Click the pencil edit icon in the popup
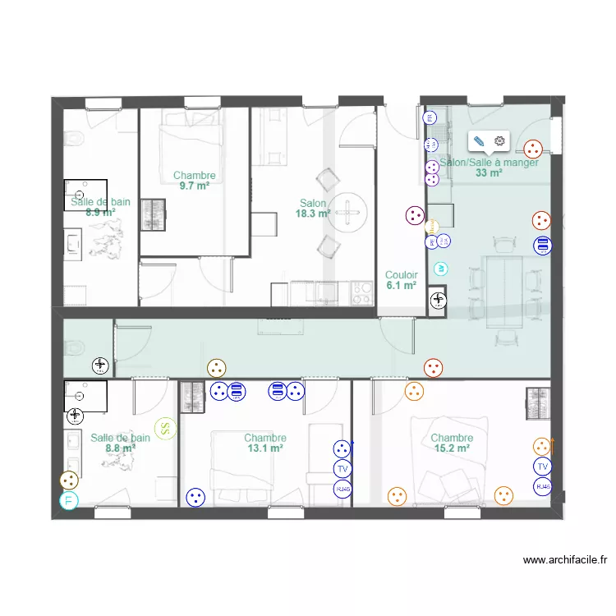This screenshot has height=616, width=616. tap(480, 141)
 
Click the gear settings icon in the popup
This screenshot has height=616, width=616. tap(499, 141)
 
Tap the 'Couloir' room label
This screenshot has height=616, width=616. tap(402, 275)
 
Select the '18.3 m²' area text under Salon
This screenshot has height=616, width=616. tap(313, 214)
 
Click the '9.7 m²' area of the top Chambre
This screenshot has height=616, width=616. tap(194, 186)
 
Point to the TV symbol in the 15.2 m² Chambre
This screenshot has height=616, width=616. tap(541, 467)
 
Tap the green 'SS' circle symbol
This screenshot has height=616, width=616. tap(166, 427)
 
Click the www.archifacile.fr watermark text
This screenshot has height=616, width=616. tap(565, 561)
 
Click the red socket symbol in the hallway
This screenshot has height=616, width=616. tap(433, 368)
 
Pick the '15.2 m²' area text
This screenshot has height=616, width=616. tap(451, 448)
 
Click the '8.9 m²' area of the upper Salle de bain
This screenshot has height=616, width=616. tap(100, 212)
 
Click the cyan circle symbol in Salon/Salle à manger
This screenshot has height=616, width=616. tap(440, 268)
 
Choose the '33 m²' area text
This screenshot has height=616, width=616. tap(489, 173)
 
